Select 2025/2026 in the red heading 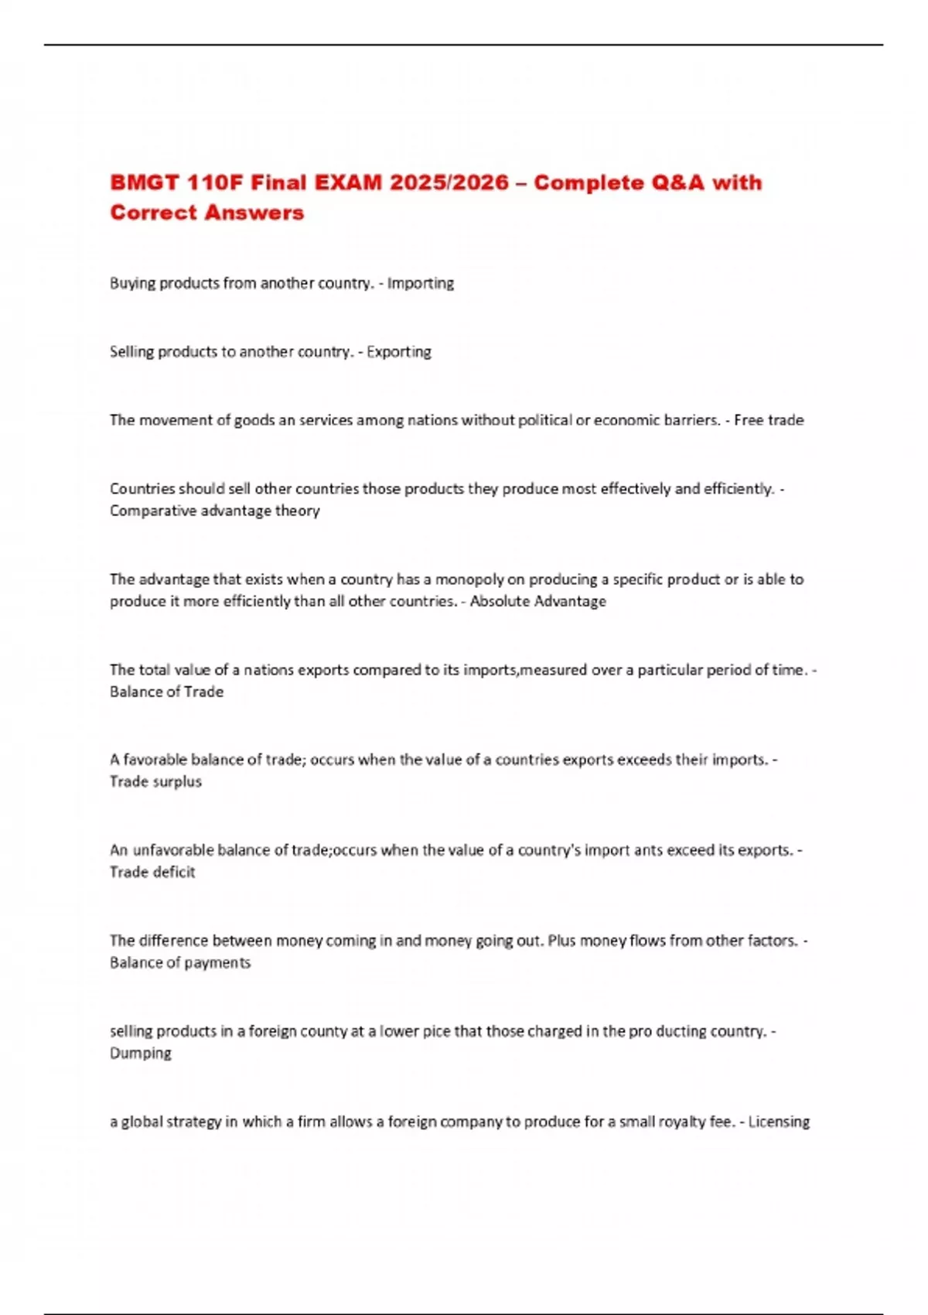[x=449, y=183]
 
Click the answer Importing [x=421, y=283]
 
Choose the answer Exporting [x=399, y=352]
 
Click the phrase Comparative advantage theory [x=214, y=511]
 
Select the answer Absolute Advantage [x=538, y=601]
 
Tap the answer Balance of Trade [x=166, y=692]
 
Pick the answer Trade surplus [x=155, y=781]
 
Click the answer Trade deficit [x=152, y=872]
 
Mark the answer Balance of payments [x=180, y=962]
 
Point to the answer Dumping [x=141, y=1053]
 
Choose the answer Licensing [x=779, y=1122]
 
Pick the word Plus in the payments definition [x=561, y=941]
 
